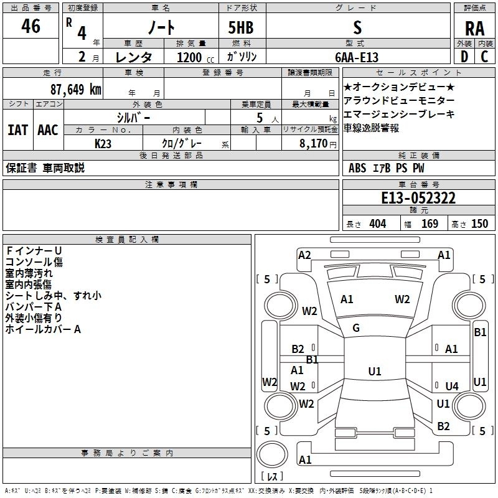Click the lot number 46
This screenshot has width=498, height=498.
pyautogui.click(x=31, y=26)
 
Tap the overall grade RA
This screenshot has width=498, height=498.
pyautogui.click(x=474, y=29)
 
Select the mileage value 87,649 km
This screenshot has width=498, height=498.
pyautogui.click(x=76, y=90)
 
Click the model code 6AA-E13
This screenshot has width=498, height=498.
pyautogui.click(x=357, y=57)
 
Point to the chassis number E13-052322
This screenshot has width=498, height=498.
pyautogui.click(x=418, y=198)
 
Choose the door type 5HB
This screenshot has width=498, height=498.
pyautogui.click(x=241, y=27)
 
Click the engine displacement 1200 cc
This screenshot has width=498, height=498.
pyautogui.click(x=195, y=57)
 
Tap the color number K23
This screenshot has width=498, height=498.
pyautogui.click(x=103, y=144)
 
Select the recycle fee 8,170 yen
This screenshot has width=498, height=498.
pyautogui.click(x=317, y=144)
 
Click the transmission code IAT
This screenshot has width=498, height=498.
pyautogui.click(x=17, y=130)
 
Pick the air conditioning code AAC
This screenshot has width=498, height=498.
pyautogui.click(x=48, y=130)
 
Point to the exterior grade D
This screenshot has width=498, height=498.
pyautogui.click(x=464, y=57)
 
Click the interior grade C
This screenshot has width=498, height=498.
pyautogui.click(x=484, y=57)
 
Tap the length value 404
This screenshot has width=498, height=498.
pyautogui.click(x=378, y=224)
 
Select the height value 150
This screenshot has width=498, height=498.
pyautogui.click(x=479, y=224)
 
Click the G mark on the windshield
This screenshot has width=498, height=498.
pyautogui.click(x=356, y=328)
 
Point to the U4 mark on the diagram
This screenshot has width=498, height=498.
pyautogui.click(x=452, y=386)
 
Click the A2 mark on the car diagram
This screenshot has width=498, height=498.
pyautogui.click(x=304, y=255)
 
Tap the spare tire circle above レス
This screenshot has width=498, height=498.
pyautogui.click(x=272, y=454)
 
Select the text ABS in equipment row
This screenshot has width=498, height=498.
pyautogui.click(x=357, y=168)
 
